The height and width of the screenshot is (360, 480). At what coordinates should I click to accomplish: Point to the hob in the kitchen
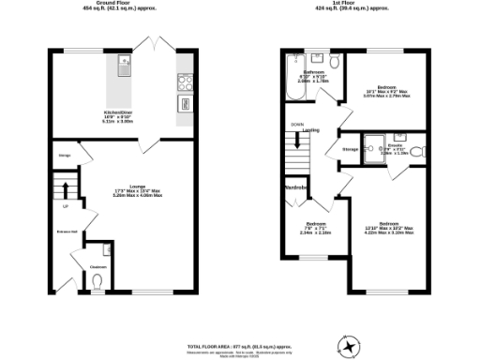[185, 81]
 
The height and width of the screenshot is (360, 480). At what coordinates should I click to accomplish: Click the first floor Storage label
[351, 148]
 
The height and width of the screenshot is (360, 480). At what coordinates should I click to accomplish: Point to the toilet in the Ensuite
[415, 150]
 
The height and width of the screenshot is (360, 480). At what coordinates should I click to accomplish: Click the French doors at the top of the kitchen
[151, 45]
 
